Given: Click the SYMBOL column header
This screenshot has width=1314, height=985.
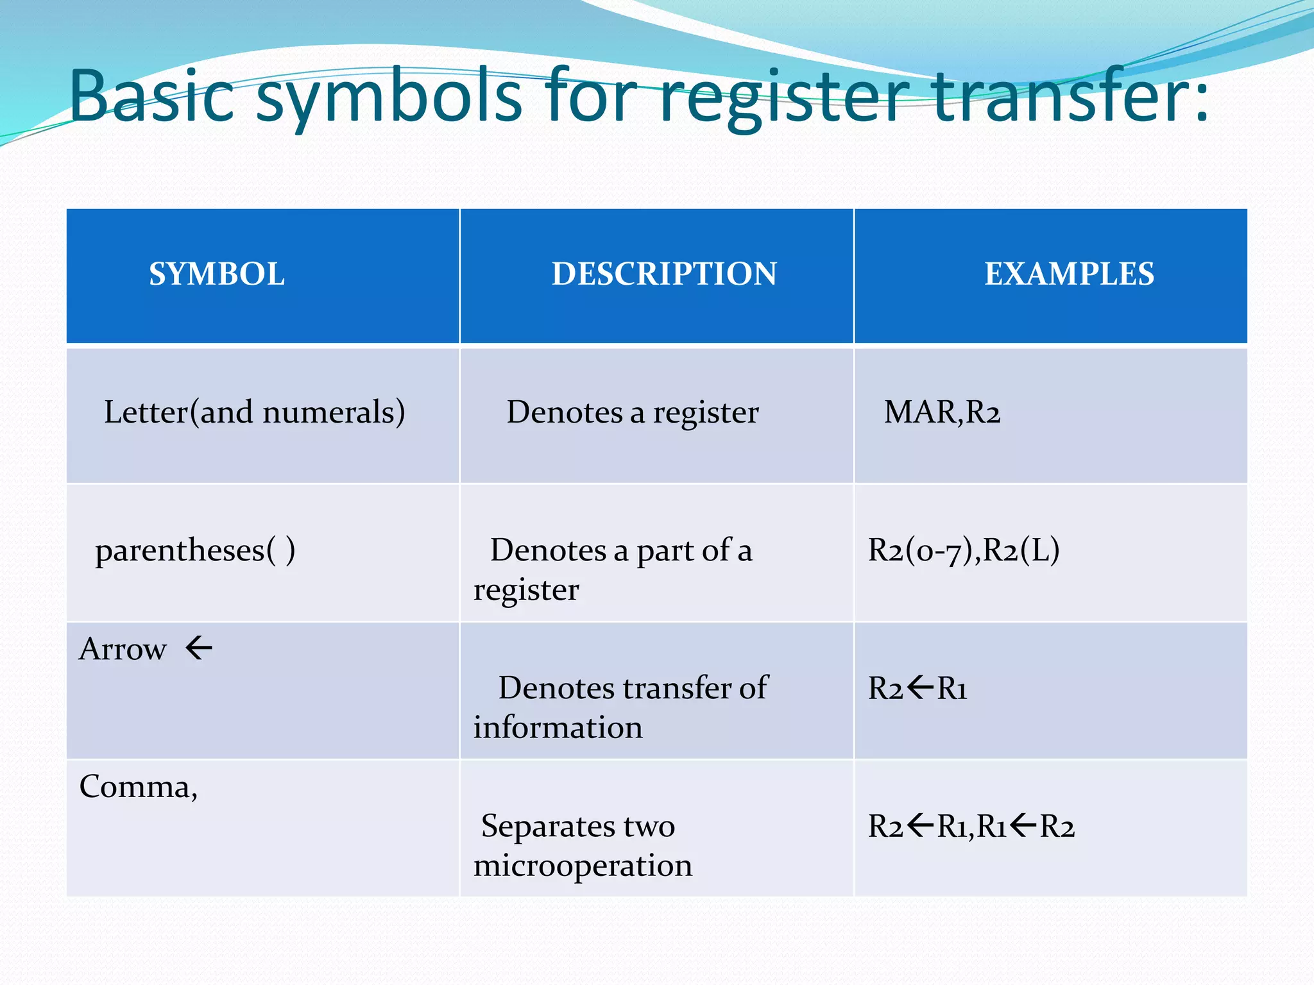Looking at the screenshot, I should click(217, 274).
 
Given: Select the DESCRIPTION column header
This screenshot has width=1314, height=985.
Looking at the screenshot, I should click(664, 274).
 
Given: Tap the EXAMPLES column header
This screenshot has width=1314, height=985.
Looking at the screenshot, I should click(1069, 274).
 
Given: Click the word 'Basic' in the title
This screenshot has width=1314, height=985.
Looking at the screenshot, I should click(151, 96).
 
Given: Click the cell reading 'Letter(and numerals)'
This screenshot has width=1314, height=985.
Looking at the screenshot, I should click(254, 412).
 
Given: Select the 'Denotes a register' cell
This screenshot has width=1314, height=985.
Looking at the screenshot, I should click(633, 412).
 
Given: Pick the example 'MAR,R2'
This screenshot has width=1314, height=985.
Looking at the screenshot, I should click(942, 412).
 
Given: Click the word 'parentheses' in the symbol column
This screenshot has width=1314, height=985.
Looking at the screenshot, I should click(180, 551).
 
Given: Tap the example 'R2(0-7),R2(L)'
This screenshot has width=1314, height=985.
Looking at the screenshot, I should click(963, 550).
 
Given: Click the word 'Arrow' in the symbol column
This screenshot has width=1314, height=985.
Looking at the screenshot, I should click(123, 650).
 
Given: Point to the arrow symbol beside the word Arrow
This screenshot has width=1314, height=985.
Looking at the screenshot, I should click(199, 648).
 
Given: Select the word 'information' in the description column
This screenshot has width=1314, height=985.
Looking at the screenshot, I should click(558, 728).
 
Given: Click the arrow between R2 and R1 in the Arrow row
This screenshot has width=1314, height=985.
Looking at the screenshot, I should click(920, 687).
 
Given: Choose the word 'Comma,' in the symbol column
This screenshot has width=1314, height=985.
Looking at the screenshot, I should click(138, 787).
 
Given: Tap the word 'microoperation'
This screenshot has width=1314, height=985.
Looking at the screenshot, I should click(583, 866).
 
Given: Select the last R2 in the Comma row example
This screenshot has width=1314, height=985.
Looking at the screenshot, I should click(1057, 827).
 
